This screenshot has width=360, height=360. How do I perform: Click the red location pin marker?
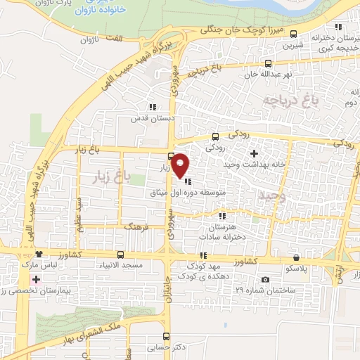tap(181, 165)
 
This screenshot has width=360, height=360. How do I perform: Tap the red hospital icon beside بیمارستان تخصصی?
tap(36, 279)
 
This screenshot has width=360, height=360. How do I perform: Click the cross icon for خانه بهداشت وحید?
tap(254, 153)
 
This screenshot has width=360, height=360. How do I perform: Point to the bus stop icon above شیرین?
tap(293, 33)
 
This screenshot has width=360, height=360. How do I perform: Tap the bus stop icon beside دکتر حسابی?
tap(166, 336)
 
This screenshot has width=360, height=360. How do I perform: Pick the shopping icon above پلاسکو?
tap(296, 257)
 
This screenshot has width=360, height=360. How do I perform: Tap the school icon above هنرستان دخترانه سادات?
tap(222, 216)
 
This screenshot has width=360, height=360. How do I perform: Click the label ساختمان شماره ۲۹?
tap(274, 289)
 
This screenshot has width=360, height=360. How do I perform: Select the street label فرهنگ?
tap(137, 228)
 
